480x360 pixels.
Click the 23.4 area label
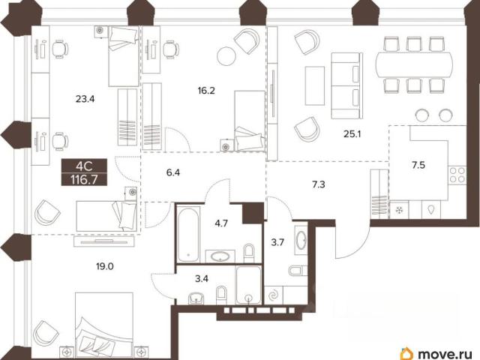pos(85,99)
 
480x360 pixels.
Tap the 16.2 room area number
pos(206,91)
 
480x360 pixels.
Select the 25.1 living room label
pos(352,133)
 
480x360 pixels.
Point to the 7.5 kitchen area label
pos(418,165)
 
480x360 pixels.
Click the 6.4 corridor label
pos(173,172)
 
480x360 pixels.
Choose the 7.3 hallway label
pos(318,184)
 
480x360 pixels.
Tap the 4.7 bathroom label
pos(221,223)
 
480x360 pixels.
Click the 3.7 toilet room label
pos(277,242)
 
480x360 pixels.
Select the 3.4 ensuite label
pos(202,278)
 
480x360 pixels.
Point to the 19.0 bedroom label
pos(105,266)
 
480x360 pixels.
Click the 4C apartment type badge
pos(84,166)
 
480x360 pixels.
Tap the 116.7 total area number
pos(84,180)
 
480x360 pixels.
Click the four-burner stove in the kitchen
pos(457,175)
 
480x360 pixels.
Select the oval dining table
pos(414,64)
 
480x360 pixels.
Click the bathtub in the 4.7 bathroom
pos(188,235)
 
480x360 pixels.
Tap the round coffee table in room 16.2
pos(226,55)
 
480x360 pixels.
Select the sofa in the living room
pos(346,85)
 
